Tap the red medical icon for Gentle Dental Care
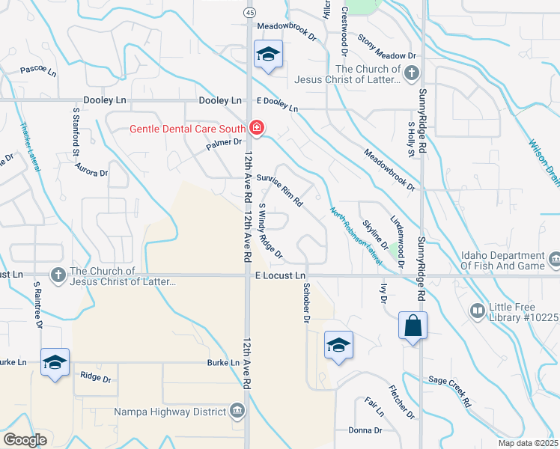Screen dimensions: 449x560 point(257,129)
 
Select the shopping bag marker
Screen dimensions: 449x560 point(413,326)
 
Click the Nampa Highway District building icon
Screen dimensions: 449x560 point(237,411)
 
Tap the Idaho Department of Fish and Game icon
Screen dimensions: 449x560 point(554,260)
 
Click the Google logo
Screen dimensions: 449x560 point(25,440)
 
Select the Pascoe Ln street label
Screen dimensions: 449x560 point(38,72)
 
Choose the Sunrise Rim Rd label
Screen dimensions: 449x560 point(279,190)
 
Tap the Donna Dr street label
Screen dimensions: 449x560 point(365,430)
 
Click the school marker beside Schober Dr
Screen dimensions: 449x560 point(338,345)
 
